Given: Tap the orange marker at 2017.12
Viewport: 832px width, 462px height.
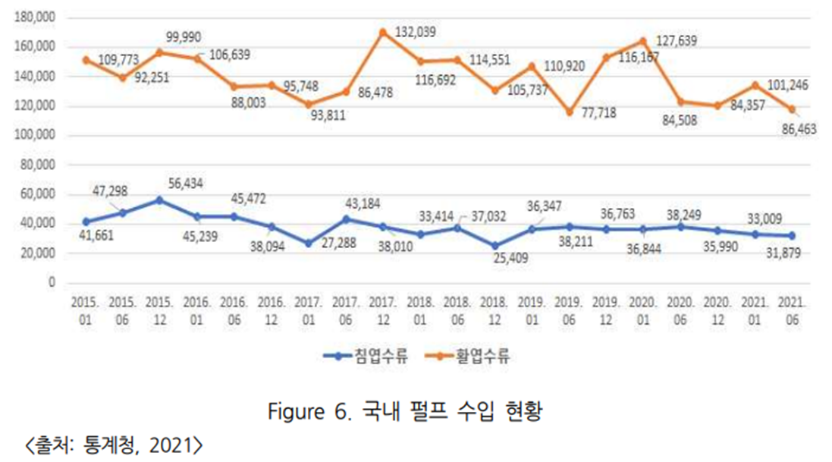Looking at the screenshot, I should (383, 33).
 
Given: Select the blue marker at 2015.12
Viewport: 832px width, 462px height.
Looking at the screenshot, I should (159, 200).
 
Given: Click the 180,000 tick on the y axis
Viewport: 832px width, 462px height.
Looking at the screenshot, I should (36, 17).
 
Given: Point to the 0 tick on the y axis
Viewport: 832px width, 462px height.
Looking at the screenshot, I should (52, 282).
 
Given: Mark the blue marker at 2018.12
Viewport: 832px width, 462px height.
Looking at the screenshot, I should (494, 246).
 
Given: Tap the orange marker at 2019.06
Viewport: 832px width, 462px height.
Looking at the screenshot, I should (569, 112).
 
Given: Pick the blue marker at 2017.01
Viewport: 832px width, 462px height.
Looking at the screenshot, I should (308, 244).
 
